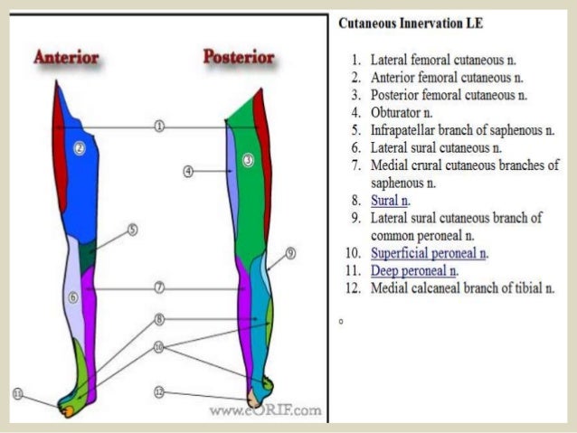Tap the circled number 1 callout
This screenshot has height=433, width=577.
[159, 126]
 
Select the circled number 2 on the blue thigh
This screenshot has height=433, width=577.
[79, 148]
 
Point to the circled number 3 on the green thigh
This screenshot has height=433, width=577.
[248, 160]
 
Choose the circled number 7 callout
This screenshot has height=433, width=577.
[159, 287]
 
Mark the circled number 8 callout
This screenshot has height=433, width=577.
[159, 319]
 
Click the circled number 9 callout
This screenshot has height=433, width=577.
[291, 254]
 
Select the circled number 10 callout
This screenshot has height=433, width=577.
[159, 346]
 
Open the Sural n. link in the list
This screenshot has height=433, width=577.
[390, 200]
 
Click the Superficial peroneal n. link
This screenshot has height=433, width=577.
[429, 253]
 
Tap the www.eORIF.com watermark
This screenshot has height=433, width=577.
[265, 411]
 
